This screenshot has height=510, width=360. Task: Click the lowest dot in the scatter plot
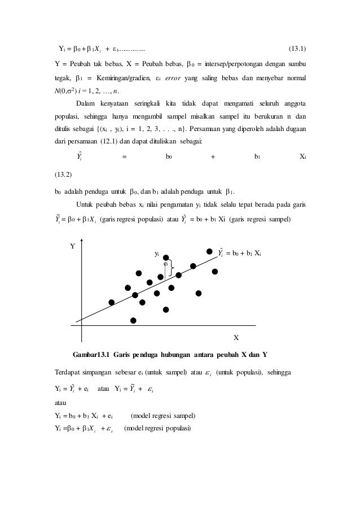pyautogui.click(x=133, y=320)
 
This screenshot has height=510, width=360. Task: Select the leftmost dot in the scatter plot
pyautogui.click(x=112, y=302)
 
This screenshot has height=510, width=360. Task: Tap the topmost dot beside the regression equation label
pyautogui.click(x=209, y=251)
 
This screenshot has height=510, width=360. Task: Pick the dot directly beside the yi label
pyautogui.click(x=166, y=258)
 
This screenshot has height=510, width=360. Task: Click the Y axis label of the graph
pyautogui.click(x=72, y=246)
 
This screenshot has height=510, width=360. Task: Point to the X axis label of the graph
pyautogui.click(x=236, y=337)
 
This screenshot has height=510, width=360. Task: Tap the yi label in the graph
pyautogui.click(x=157, y=254)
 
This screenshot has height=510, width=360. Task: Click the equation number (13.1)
pyautogui.click(x=298, y=49)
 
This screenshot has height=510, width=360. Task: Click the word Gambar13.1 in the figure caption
pyautogui.click(x=91, y=355)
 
